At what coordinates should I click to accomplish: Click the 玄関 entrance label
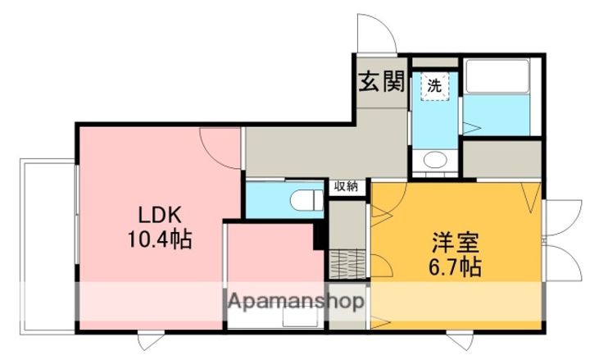pyautogui.click(x=382, y=82)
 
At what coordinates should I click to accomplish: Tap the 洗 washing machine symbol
pyautogui.click(x=434, y=84)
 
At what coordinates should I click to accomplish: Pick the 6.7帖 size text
pyautogui.click(x=453, y=267)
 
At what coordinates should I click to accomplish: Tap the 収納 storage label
pyautogui.click(x=345, y=186)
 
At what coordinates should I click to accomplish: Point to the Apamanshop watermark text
pyautogui.click(x=296, y=301)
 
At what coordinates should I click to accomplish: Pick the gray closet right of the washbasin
pyautogui.click(x=501, y=157)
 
